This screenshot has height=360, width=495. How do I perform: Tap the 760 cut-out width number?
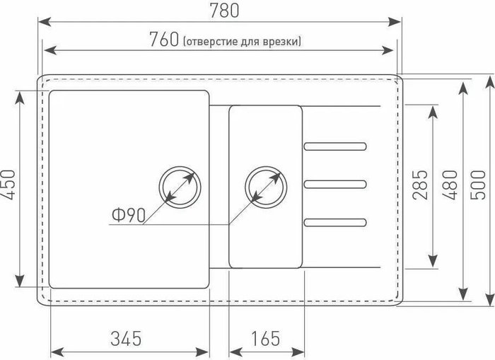(x=164, y=39)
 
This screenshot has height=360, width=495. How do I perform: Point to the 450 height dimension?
(x=8, y=185)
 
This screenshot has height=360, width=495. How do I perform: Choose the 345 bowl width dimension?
(x=126, y=338)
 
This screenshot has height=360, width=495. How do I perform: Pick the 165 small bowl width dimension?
(x=265, y=338)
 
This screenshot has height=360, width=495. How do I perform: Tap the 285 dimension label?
(x=420, y=185)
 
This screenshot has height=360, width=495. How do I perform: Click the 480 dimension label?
(x=450, y=185)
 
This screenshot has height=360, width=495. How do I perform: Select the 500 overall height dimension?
(x=477, y=185)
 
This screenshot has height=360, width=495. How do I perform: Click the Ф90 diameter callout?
(x=129, y=215)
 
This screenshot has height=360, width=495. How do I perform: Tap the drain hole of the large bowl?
(x=180, y=187)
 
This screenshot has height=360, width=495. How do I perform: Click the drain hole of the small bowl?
(x=266, y=187)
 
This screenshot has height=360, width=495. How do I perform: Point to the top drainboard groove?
(x=335, y=146)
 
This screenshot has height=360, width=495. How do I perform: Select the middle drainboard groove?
(x=335, y=184)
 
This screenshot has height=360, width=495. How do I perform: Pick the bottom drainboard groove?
(x=335, y=222)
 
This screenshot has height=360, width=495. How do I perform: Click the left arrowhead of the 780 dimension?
(x=44, y=22)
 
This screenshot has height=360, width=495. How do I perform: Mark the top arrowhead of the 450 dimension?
(x=20, y=98)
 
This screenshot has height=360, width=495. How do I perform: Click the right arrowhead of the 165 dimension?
(x=298, y=352)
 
